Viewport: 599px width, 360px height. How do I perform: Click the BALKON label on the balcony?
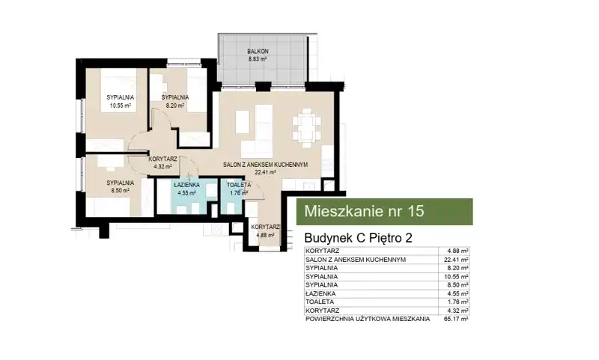click(x=258, y=51)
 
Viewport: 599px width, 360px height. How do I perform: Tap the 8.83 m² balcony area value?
click(x=258, y=59)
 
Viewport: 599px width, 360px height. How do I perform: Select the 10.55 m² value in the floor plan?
click(x=121, y=106)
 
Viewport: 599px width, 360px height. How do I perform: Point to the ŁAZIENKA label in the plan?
click(x=186, y=185)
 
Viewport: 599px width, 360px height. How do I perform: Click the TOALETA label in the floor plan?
click(x=239, y=185)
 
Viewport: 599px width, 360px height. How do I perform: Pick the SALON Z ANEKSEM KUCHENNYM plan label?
click(x=266, y=165)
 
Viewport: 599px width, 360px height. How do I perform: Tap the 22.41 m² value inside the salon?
click(x=266, y=172)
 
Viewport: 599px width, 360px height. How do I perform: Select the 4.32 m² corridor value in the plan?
click(x=162, y=166)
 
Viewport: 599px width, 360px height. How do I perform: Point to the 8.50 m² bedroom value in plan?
click(x=120, y=190)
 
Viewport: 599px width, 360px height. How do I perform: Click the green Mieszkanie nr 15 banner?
click(x=385, y=212)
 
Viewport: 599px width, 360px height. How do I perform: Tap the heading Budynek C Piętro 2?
click(x=359, y=238)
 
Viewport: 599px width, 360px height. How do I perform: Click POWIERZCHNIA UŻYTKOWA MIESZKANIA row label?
click(x=368, y=319)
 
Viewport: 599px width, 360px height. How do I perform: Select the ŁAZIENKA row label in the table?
click(x=320, y=293)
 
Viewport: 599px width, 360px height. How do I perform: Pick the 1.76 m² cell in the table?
click(x=458, y=302)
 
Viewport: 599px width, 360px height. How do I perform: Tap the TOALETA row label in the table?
click(x=320, y=302)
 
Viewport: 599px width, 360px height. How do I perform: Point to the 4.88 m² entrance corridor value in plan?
click(x=265, y=235)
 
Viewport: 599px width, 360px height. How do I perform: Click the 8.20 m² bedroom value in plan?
click(x=175, y=106)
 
